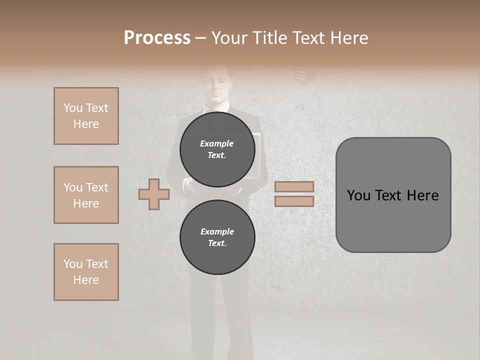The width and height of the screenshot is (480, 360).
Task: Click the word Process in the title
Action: pos(157,38)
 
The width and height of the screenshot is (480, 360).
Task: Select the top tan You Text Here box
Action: pos(86,116)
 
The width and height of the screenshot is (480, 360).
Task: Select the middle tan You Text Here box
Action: pos(86,195)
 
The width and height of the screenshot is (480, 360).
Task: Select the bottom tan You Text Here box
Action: pos(86,272)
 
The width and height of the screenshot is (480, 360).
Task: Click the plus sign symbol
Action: pos(153,194)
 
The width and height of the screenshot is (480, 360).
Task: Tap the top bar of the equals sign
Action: pos(294,186)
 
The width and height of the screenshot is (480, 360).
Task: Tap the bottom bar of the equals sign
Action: pos(294,201)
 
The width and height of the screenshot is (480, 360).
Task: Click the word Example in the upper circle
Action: pos(217,143)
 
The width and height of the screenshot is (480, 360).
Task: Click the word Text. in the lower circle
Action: pos(217,243)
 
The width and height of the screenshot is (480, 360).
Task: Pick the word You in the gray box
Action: pos(358,195)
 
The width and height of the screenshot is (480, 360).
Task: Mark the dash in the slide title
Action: pos(200,38)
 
